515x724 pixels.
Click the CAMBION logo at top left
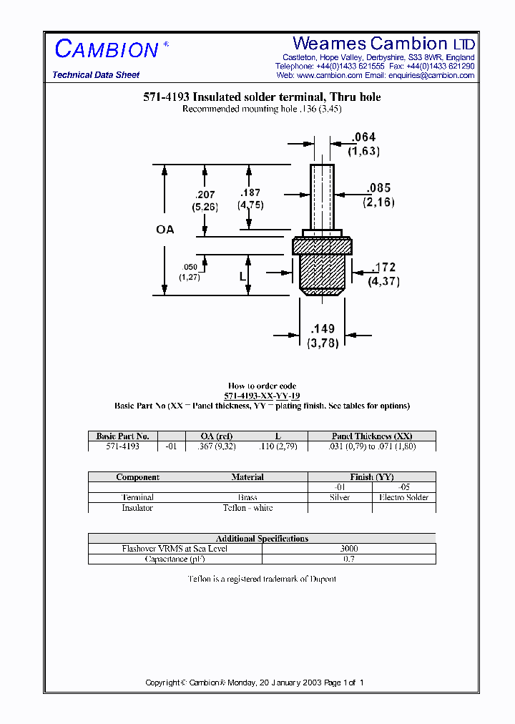(107, 49)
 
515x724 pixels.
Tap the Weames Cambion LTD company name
(383, 44)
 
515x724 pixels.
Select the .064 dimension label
(363, 137)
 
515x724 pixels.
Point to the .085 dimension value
(378, 188)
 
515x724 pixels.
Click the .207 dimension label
(205, 194)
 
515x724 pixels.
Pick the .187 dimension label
(251, 192)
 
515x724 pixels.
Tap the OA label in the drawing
(165, 230)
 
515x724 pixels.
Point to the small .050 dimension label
(190, 267)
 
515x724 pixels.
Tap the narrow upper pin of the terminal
(322, 195)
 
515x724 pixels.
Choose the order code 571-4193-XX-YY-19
(262, 396)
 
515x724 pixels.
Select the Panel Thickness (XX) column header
(372, 436)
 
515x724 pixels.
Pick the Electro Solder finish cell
(403, 497)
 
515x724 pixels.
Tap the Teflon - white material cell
(247, 508)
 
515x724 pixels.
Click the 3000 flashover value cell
(349, 549)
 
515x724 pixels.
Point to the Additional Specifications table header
(262, 539)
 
